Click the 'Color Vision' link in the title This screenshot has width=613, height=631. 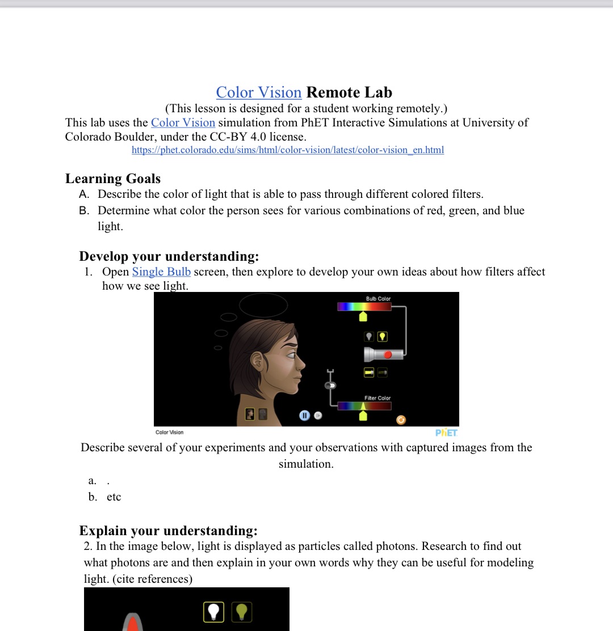click(258, 92)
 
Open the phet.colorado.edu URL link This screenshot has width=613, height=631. click(287, 150)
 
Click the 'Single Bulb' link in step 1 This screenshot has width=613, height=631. click(161, 272)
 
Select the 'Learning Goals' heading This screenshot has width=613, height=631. click(113, 179)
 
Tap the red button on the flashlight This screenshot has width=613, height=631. click(388, 355)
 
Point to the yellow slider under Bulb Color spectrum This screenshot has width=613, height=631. click(363, 316)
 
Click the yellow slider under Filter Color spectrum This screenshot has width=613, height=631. click(363, 416)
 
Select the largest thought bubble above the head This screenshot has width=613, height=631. click(263, 305)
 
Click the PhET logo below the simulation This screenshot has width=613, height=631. click(446, 433)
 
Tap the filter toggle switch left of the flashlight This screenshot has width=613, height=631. click(330, 386)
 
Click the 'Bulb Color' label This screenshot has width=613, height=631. click(378, 299)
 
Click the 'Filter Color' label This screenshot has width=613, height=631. click(377, 398)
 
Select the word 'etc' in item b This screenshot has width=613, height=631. click(114, 497)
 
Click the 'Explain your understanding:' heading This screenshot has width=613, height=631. click(168, 531)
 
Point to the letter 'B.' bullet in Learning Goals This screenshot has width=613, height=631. click(85, 210)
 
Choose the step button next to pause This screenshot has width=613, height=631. click(318, 416)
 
